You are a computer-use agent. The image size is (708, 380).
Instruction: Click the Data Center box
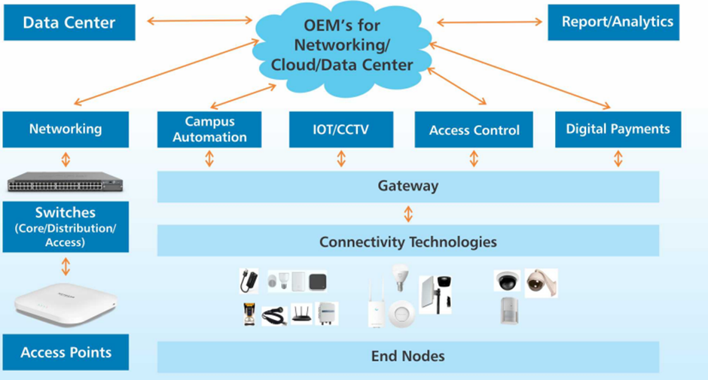point(69,23)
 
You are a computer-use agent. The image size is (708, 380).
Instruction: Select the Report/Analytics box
point(612,22)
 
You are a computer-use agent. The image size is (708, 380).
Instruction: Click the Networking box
point(65,129)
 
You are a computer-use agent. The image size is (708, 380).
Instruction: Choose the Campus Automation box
point(209,129)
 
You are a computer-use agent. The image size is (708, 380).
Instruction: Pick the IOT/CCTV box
point(341,129)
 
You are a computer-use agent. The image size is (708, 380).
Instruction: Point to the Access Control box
point(474,129)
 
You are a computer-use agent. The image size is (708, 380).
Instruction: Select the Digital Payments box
point(618,129)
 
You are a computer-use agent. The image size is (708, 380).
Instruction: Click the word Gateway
point(407,186)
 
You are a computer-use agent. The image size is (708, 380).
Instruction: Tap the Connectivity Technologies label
point(407,242)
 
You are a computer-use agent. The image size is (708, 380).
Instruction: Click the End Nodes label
point(407,356)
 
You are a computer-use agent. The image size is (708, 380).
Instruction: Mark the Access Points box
point(66,352)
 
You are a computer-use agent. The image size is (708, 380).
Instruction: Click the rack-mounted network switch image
point(66,181)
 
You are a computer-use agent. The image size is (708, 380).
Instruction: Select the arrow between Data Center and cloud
point(200,20)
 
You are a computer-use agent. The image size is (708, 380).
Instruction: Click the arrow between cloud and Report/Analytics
point(490,23)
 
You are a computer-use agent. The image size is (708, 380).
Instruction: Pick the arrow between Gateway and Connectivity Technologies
point(408,214)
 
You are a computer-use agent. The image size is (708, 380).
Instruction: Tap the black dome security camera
point(507,280)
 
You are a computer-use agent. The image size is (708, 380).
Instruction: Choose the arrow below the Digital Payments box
point(618,158)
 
